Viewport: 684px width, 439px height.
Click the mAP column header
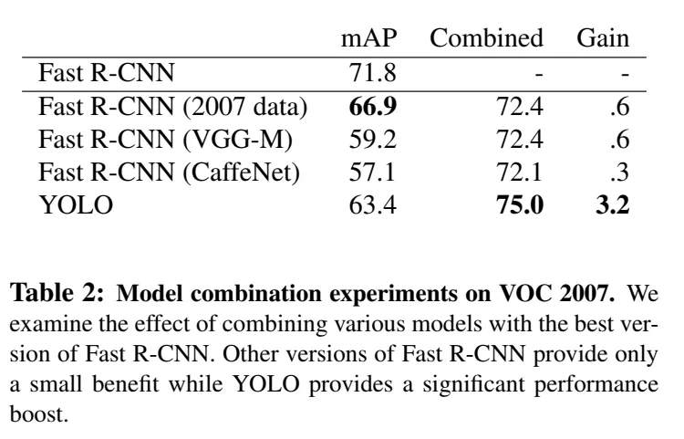click(x=369, y=38)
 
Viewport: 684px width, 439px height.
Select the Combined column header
click(x=486, y=38)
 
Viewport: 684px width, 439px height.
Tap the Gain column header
click(x=603, y=38)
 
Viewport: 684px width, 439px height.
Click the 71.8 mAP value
click(x=372, y=72)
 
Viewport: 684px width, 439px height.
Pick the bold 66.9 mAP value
click(x=372, y=106)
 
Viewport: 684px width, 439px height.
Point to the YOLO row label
click(x=76, y=204)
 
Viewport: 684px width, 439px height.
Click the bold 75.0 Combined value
click(x=520, y=204)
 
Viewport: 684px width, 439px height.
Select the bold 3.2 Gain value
click(x=613, y=204)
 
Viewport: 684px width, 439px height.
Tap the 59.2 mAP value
click(x=372, y=140)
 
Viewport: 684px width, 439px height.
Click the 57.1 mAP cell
click(x=372, y=172)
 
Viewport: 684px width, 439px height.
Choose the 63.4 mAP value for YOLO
click(x=372, y=204)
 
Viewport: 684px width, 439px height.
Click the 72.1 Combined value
click(x=519, y=172)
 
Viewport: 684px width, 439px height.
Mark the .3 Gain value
click(x=620, y=172)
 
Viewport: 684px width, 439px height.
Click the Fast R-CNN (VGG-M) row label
click(x=165, y=140)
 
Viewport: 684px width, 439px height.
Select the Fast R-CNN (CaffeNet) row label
click(x=170, y=172)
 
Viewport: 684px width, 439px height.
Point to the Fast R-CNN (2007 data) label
click(x=173, y=106)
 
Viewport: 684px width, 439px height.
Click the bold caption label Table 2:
click(x=57, y=292)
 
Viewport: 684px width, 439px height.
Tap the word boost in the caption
click(x=39, y=413)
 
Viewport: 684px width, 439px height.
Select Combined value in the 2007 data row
click(x=520, y=106)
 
